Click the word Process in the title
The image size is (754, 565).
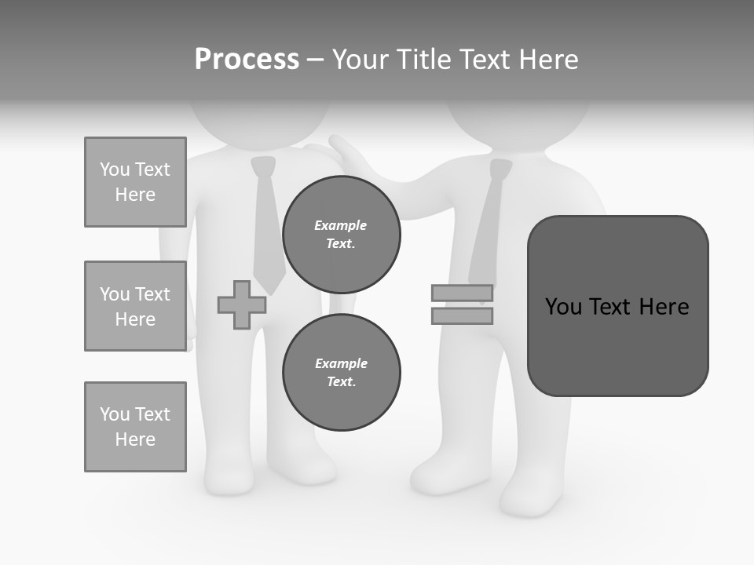pyautogui.click(x=247, y=60)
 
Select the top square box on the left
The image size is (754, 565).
pyautogui.click(x=135, y=182)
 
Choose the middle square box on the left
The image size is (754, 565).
pyautogui.click(x=135, y=306)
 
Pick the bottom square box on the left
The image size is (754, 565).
pyautogui.click(x=135, y=427)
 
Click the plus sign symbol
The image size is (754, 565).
pyautogui.click(x=241, y=304)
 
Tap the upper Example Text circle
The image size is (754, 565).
pyautogui.click(x=341, y=234)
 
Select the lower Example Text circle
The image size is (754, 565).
pyautogui.click(x=341, y=372)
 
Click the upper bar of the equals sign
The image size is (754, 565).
pyautogui.click(x=462, y=293)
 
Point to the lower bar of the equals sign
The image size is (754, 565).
pyautogui.click(x=462, y=315)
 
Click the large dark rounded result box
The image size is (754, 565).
pyautogui.click(x=617, y=306)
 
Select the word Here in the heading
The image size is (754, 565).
pyautogui.click(x=547, y=60)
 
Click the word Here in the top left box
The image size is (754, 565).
pyautogui.click(x=135, y=195)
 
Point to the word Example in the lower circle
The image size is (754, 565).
pyautogui.click(x=341, y=363)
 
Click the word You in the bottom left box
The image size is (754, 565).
pyautogui.click(x=115, y=414)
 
